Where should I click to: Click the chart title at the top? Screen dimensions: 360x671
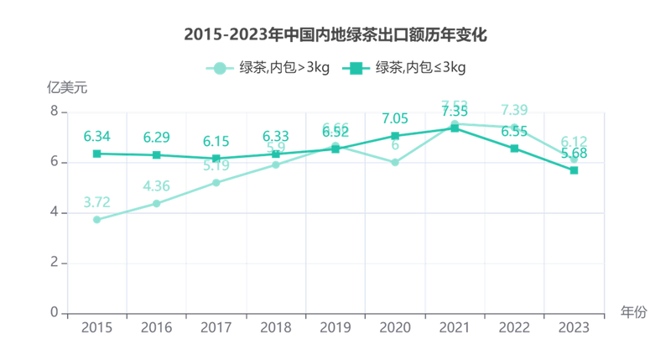pyautogui.click(x=335, y=35)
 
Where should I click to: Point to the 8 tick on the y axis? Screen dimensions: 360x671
pyautogui.click(x=53, y=112)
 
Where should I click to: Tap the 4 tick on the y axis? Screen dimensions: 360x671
pyautogui.click(x=53, y=212)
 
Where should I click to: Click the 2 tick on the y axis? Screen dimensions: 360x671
pyautogui.click(x=53, y=263)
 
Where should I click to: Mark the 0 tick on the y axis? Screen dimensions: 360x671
pyautogui.click(x=53, y=312)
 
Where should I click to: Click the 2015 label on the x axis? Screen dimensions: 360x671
pyautogui.click(x=96, y=327)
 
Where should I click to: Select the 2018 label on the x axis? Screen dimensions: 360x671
pyautogui.click(x=275, y=327)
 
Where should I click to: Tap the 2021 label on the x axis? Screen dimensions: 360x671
pyautogui.click(x=454, y=327)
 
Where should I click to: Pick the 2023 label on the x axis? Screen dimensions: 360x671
pyautogui.click(x=573, y=327)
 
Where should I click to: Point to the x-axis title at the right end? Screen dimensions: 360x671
pyautogui.click(x=633, y=313)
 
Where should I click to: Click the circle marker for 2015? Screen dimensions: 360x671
pyautogui.click(x=96, y=221)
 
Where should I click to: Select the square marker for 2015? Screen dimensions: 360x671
pyautogui.click(x=96, y=154)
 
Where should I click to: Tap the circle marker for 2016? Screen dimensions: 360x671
pyautogui.click(x=156, y=203)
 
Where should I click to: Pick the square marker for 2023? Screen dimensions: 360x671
pyautogui.click(x=574, y=171)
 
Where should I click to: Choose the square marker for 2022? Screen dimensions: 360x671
pyautogui.click(x=514, y=148)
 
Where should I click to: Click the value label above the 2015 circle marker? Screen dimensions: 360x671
pyautogui.click(x=96, y=202)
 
